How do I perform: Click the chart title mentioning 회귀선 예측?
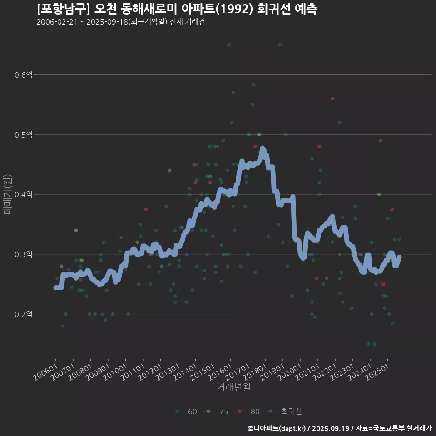coord(177,9)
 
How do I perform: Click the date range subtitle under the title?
coord(120,22)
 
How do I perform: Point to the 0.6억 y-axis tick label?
coord(24,74)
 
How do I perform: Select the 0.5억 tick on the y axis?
coord(24,134)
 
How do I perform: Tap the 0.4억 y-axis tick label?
coord(24,194)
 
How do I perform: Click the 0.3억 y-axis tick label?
coord(24,254)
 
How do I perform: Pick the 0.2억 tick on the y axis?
coord(24,314)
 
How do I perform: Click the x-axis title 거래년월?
coord(233,387)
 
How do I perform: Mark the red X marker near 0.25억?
coord(383,284)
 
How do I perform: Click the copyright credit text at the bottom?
coord(339,428)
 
